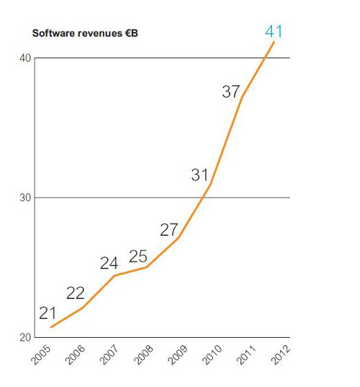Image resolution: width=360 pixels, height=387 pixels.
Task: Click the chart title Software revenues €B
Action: [x=85, y=33]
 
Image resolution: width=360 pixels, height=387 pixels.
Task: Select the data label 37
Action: [x=231, y=91]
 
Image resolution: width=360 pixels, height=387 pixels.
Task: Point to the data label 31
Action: [x=200, y=175]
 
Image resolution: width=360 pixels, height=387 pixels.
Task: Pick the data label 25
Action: [x=138, y=256]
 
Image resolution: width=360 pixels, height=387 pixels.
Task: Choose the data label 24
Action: [x=109, y=264]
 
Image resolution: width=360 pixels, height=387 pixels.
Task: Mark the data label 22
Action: [x=76, y=293]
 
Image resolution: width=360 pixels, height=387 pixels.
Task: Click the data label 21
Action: [x=47, y=313]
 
